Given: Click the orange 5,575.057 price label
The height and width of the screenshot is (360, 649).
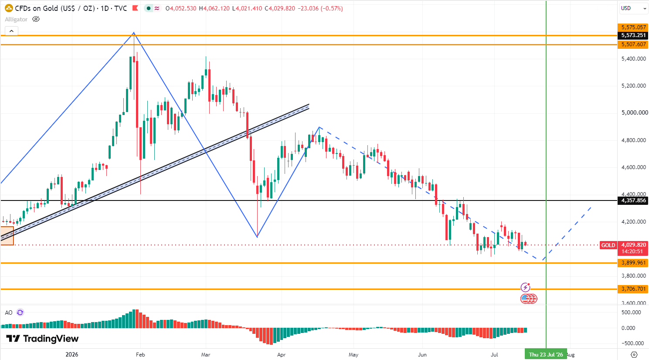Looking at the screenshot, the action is point(633,27).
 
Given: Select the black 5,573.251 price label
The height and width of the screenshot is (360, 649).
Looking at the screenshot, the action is point(633,35).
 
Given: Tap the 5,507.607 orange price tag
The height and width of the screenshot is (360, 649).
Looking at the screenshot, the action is point(633,44).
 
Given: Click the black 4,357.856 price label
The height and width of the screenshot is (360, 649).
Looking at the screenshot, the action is point(633,200).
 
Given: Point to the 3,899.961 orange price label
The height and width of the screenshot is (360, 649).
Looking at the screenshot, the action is point(633,263).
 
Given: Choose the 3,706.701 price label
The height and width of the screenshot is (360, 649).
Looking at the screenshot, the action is point(633,289).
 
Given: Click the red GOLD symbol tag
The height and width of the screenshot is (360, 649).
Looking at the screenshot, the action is point(608,245).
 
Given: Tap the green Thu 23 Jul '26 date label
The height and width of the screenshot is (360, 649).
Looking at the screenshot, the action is point(546,354).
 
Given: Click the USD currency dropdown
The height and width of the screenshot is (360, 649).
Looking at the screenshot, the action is point(633,8).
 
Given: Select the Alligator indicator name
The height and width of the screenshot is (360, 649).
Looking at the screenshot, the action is point(16,20).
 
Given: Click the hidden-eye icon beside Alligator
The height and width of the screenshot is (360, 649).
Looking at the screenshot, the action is point(36,20).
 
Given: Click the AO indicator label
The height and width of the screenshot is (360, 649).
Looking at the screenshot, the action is point(9,312).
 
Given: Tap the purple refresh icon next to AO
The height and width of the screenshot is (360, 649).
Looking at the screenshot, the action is point(20,312).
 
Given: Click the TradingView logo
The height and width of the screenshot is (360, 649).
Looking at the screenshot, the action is point(42,339).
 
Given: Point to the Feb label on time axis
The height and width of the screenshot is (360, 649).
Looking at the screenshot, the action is point(140,354).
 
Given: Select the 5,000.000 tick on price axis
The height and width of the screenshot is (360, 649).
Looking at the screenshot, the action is point(633,112).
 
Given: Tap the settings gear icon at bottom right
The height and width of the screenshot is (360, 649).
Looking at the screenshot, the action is point(634,354).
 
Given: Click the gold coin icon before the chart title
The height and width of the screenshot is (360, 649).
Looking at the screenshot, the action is point(9,8).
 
